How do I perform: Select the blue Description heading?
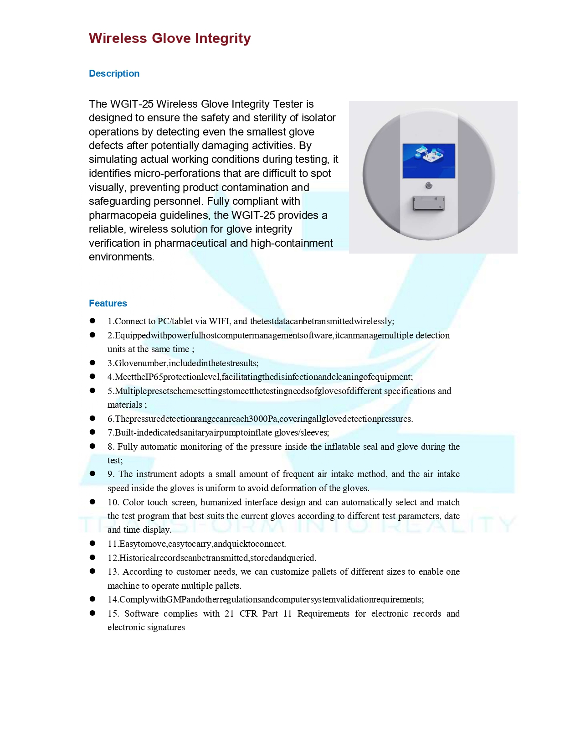click(114, 73)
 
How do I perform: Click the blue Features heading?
click(108, 303)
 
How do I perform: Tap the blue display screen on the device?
click(429, 161)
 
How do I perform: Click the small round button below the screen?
click(429, 185)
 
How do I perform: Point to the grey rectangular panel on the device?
click(429, 203)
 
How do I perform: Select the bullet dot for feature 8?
click(92, 446)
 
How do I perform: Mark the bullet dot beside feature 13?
click(92, 571)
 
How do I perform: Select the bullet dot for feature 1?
click(92, 321)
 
